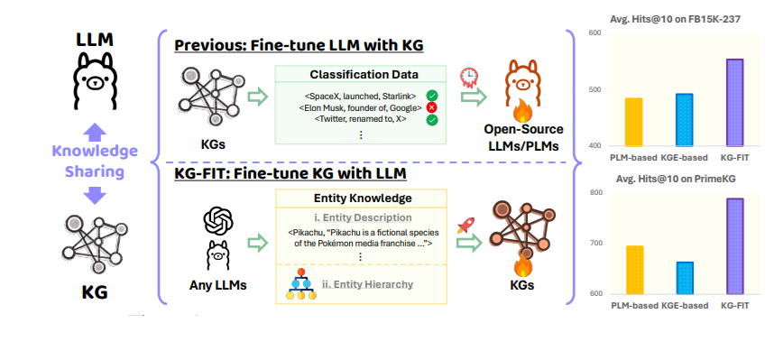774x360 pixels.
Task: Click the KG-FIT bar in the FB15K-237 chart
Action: coord(734,102)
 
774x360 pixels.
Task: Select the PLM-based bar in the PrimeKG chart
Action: coord(634,270)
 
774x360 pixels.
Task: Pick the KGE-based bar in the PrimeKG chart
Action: coord(685,278)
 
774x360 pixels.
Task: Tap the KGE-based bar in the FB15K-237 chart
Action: coord(684,120)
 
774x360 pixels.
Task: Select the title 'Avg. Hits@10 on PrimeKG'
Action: coord(676,179)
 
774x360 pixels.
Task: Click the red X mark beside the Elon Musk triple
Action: coord(431,107)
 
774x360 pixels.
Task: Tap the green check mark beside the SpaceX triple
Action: coord(432,96)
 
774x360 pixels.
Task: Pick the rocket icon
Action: coord(465,226)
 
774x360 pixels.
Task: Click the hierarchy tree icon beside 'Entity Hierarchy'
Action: coord(300,285)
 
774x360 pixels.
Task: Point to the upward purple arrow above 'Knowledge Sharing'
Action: coord(97,134)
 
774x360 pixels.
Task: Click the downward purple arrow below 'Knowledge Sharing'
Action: coord(95,195)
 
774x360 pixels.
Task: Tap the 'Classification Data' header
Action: coord(364,75)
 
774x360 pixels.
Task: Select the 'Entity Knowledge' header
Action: coord(363,198)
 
